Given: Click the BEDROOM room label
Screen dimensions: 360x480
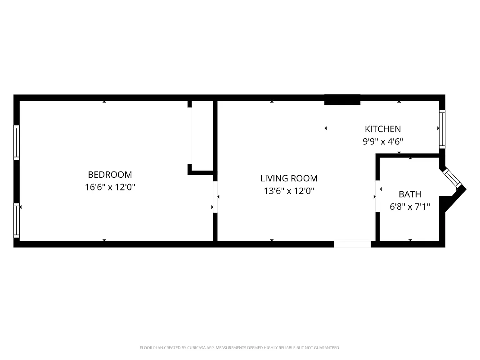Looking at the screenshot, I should [x=110, y=175].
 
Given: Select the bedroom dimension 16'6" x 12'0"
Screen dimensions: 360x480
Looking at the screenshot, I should [x=110, y=187].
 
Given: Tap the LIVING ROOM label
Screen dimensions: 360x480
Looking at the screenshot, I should [x=289, y=178].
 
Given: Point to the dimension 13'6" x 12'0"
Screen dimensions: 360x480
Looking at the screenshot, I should [x=289, y=191].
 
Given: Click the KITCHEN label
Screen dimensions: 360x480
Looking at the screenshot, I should [x=382, y=129].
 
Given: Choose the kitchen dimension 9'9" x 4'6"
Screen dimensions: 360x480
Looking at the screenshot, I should [x=382, y=141].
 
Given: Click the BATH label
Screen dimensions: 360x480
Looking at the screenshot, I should [x=410, y=194].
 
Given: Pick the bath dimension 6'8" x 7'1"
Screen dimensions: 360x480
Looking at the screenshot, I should [x=410, y=207].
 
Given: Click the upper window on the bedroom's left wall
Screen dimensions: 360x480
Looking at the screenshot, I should [x=17, y=142].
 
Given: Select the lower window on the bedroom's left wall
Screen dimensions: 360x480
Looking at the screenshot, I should [x=17, y=220].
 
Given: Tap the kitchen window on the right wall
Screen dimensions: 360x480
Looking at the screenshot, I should [x=442, y=130].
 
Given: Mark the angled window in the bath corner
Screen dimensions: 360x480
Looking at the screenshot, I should [x=452, y=178].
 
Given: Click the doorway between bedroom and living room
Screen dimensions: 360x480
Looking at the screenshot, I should [x=215, y=197].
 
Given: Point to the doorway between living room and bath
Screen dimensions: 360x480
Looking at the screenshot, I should [x=377, y=197].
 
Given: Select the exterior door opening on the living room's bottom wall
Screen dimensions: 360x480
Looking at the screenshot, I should [x=352, y=244].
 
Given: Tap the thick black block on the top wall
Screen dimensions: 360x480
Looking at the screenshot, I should [x=342, y=99].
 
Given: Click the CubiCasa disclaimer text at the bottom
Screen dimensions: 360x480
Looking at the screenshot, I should [x=240, y=348].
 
